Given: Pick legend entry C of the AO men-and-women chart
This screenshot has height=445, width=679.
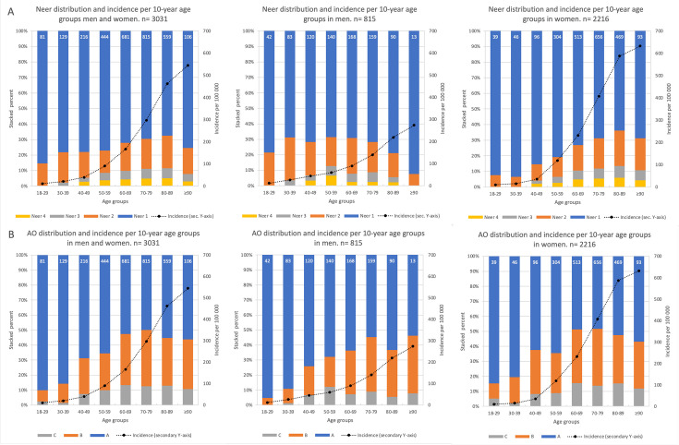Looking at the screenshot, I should [69, 433].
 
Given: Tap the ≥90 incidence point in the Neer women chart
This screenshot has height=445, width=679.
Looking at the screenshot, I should [639, 45].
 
